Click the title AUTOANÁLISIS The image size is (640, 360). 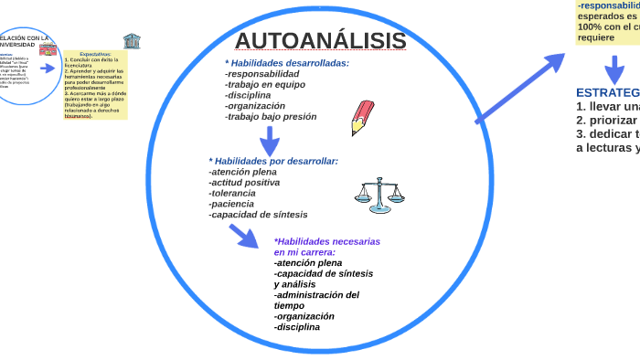point(320,41)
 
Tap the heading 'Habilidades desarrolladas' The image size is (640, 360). point(287,63)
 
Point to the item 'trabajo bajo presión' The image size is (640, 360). point(271,116)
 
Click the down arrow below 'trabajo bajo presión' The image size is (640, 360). point(269,141)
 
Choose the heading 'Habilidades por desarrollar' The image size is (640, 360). point(273,161)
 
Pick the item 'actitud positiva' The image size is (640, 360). point(244,183)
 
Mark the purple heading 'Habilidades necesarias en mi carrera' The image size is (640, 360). point(326,247)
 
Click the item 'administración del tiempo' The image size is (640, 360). point(316,300)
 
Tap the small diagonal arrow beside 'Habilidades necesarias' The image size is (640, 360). point(244,236)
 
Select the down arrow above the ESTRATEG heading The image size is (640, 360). point(614,71)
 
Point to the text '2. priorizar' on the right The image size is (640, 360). point(606,120)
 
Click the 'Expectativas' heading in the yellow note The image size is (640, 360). point(95,54)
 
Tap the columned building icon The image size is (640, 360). point(132,42)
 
